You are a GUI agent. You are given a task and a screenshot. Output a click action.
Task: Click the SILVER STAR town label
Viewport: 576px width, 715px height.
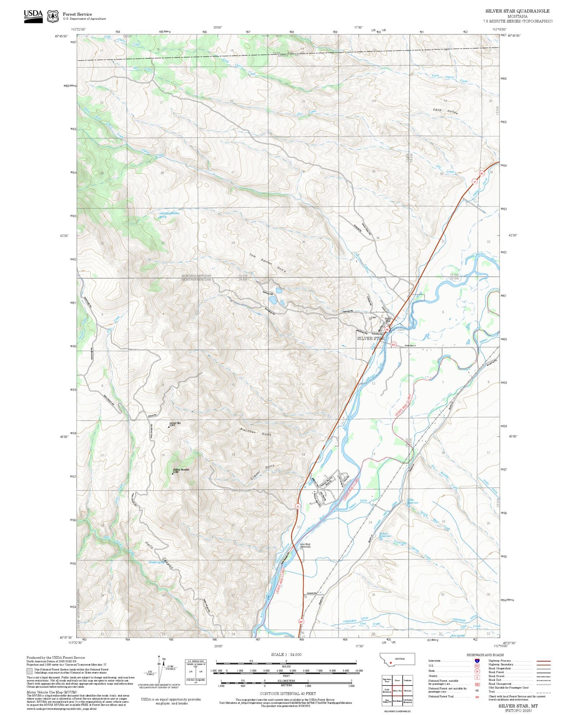pyautogui.click(x=370, y=338)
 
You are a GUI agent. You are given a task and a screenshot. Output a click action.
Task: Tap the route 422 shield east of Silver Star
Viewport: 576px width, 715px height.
pyautogui.click(x=393, y=345)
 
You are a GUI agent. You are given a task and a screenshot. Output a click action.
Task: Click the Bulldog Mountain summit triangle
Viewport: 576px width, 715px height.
pyautogui.click(x=173, y=474)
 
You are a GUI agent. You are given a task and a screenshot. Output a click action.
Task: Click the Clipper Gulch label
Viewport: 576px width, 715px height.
pyautogui.click(x=260, y=473)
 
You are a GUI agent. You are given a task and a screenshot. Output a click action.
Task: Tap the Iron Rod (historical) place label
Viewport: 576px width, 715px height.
pyautogui.click(x=305, y=546)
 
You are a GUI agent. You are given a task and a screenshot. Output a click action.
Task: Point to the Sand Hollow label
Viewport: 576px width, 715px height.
pyautogui.click(x=445, y=111)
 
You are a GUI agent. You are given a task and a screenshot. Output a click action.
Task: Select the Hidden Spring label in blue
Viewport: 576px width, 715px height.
pyautogui.click(x=156, y=562)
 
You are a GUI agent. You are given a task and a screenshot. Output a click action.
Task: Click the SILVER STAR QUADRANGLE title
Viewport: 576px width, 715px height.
pyautogui.click(x=517, y=11)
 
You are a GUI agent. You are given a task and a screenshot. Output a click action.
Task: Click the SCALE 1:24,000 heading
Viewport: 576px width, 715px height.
pyautogui.click(x=286, y=654)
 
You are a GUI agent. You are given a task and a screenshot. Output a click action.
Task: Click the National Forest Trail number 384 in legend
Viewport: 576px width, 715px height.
pyautogui.click(x=477, y=697)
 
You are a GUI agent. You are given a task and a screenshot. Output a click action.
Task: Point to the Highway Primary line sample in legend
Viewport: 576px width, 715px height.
pyautogui.click(x=543, y=661)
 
